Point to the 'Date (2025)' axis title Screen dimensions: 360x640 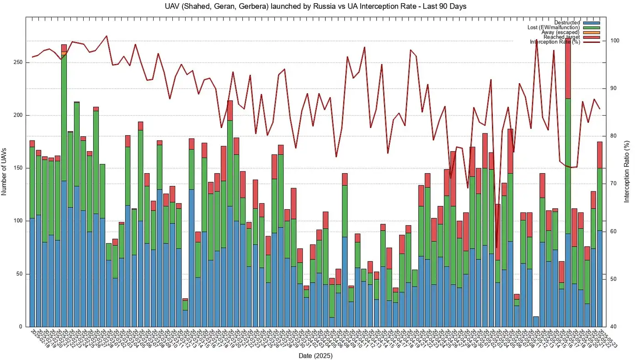315,355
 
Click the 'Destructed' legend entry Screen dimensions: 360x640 567,23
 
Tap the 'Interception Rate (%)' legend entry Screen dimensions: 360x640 555,42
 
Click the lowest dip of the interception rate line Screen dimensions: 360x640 496,247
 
